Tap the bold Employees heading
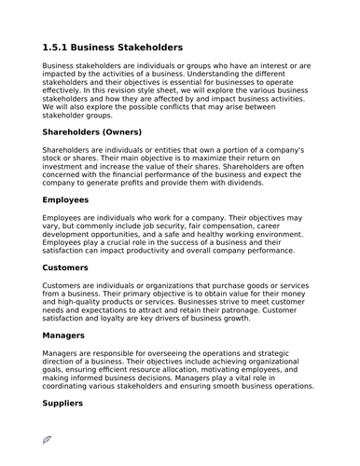tap(65, 199)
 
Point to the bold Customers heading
tap(67, 267)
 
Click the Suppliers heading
tap(63, 403)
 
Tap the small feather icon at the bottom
tap(48, 439)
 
